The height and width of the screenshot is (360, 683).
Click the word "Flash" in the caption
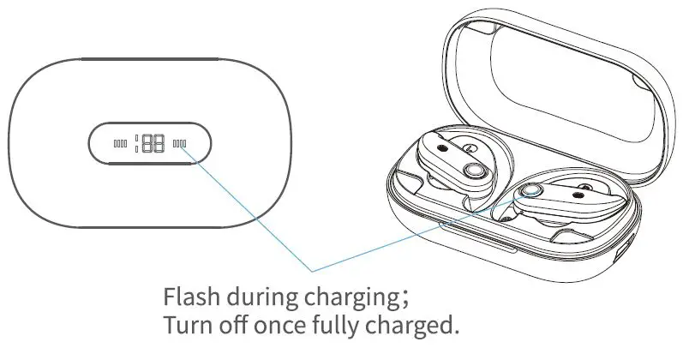[x=189, y=299]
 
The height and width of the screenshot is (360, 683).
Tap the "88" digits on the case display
[x=153, y=144]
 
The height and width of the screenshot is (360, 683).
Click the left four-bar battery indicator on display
[x=120, y=144]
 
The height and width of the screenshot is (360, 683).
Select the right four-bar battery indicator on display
[x=179, y=144]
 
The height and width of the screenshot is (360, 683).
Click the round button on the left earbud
[x=470, y=172]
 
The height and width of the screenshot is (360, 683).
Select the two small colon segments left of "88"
[x=137, y=144]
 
